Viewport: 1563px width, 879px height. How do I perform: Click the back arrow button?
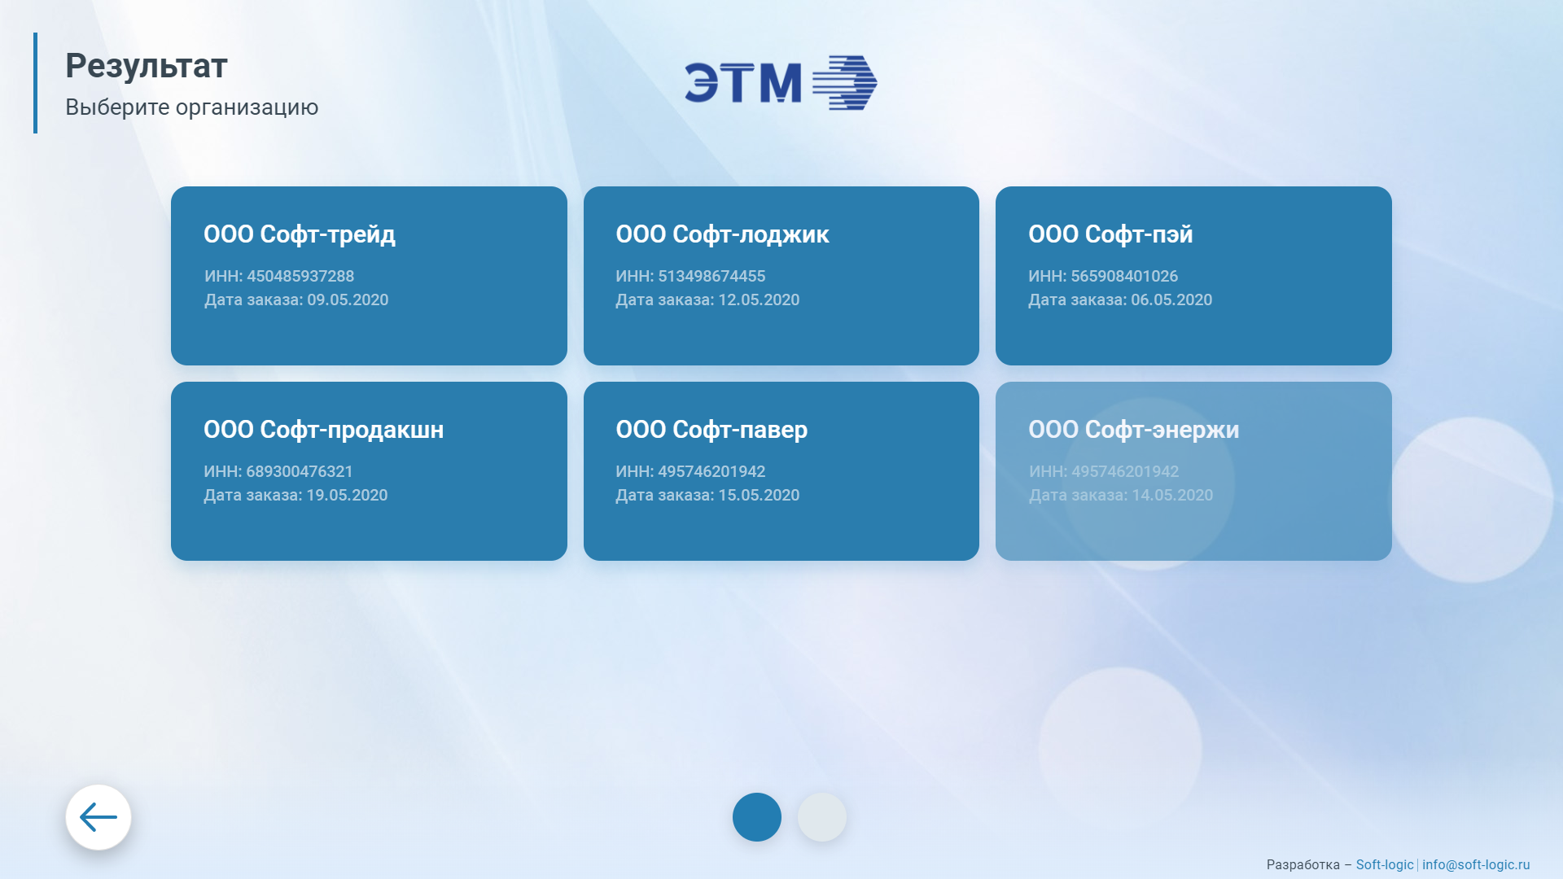(x=99, y=817)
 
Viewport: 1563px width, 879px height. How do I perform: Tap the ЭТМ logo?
(x=781, y=83)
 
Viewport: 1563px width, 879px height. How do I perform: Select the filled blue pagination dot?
(x=757, y=817)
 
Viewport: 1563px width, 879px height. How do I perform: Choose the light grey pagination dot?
(x=822, y=817)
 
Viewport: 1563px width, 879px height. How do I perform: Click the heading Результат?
(x=147, y=66)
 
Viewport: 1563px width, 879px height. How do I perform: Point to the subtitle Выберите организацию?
(x=192, y=107)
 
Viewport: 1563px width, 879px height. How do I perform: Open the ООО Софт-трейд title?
(x=300, y=234)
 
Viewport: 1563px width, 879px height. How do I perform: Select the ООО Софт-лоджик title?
(x=722, y=234)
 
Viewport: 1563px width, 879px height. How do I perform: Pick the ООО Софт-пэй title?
(x=1110, y=234)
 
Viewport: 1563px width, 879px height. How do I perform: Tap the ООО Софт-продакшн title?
(x=324, y=430)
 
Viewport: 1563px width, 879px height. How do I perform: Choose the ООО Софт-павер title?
(x=711, y=430)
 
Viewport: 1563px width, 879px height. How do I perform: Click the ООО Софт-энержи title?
(x=1133, y=430)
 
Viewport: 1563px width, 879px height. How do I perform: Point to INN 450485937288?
(x=279, y=276)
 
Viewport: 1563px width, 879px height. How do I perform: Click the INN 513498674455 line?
(x=690, y=276)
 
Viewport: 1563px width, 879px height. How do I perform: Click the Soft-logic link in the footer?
(x=1385, y=864)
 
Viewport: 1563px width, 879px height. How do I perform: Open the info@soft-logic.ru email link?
(x=1476, y=864)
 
